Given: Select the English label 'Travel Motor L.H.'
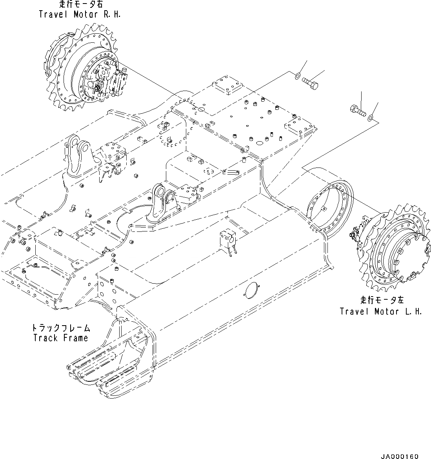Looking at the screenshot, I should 381,311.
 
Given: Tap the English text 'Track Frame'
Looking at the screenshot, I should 60,338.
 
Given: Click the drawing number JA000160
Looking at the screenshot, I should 399,456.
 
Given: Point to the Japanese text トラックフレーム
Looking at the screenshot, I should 60,328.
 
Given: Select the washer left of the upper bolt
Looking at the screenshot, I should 298,76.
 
